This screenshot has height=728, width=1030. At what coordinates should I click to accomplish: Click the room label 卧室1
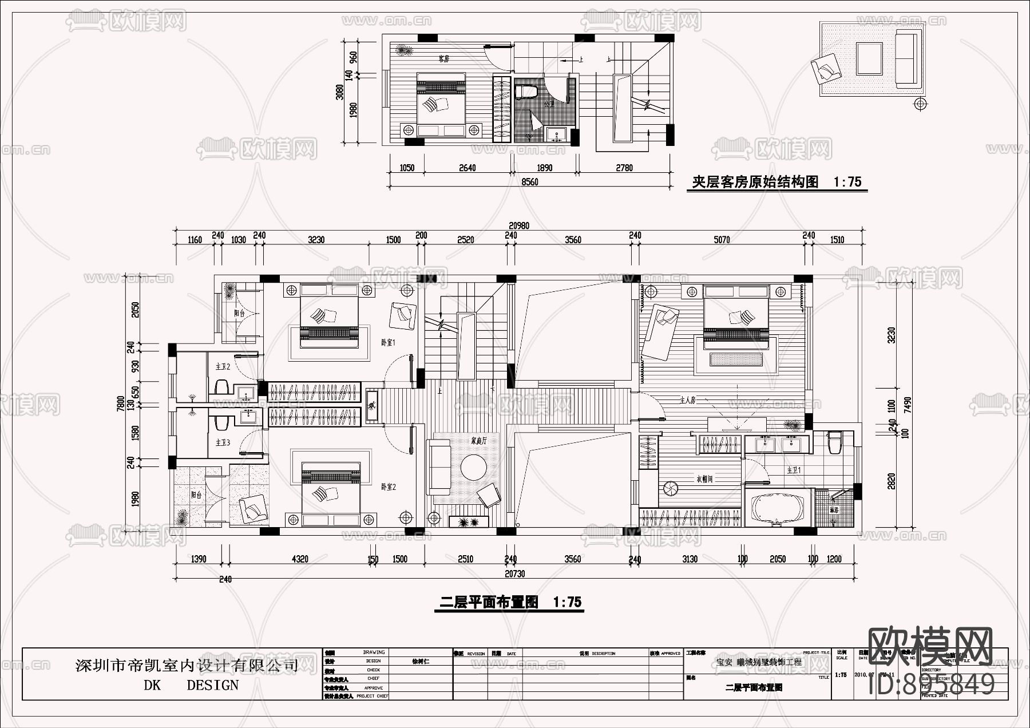pos(389,342)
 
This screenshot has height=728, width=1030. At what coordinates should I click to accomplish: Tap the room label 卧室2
pos(389,487)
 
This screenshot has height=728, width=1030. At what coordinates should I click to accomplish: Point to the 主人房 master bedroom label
pos(687,401)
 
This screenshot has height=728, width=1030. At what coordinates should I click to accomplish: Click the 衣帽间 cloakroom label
pos(704,478)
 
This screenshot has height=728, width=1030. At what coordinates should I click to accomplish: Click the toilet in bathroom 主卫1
pos(833,442)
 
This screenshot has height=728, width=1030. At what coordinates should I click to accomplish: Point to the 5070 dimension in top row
pos(722,240)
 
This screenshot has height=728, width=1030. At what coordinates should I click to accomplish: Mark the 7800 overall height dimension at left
pos(121,404)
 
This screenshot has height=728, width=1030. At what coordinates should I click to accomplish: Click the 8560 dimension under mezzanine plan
pos(530,182)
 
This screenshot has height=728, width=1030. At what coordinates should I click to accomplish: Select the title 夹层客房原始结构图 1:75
pos(777,182)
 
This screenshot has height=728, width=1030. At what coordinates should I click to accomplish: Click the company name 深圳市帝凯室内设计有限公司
pos(187,666)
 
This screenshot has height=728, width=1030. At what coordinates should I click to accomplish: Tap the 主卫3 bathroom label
pos(223,442)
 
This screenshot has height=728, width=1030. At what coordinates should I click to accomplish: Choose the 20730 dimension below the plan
pos(514,573)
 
